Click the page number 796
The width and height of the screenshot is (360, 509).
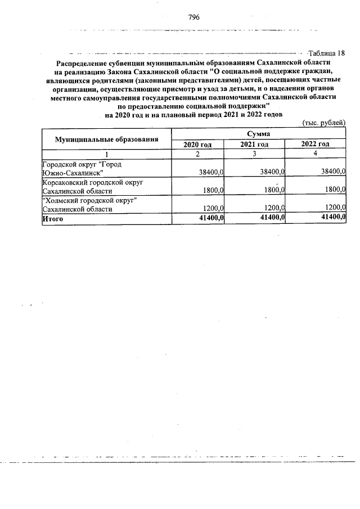(x=195, y=17)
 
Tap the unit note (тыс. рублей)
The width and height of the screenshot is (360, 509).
(x=323, y=123)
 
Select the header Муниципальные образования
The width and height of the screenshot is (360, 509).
(x=106, y=139)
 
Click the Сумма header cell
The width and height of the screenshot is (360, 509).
(x=258, y=134)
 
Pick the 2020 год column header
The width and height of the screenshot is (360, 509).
(x=198, y=145)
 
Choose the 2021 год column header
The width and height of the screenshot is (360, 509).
(x=254, y=145)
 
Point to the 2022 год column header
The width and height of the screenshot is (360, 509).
(x=315, y=144)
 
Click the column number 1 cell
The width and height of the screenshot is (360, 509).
(x=106, y=154)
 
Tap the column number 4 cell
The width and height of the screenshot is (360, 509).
(x=315, y=154)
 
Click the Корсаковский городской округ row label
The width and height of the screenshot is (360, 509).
(x=93, y=183)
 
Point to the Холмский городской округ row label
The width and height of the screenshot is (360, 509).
(x=90, y=201)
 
